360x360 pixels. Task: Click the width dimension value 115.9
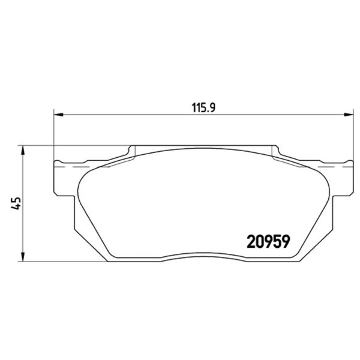point(203,107)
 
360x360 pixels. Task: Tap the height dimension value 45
point(16,203)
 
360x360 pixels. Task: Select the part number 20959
point(268,242)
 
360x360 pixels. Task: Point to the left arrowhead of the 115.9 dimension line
point(58,114)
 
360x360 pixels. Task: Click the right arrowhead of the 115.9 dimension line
point(348,114)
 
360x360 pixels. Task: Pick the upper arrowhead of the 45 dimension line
point(23,151)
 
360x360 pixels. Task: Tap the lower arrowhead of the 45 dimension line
point(23,256)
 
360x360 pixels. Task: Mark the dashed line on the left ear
point(82,167)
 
